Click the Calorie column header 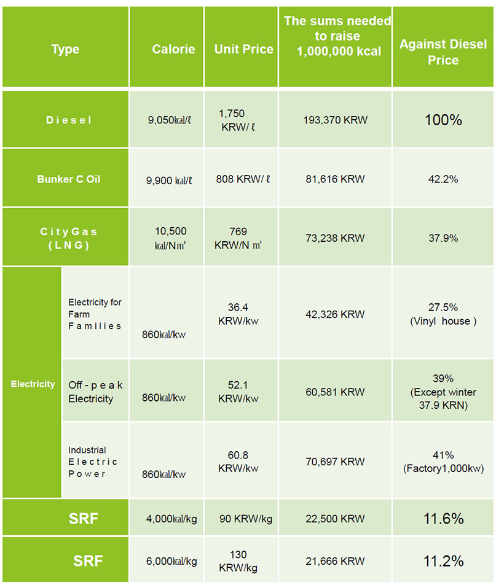[x=173, y=49]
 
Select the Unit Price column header [x=243, y=49]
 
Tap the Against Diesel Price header [x=443, y=52]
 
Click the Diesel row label [x=68, y=120]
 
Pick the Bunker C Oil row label [x=68, y=179]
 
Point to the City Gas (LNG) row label [x=68, y=238]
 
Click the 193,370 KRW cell [x=335, y=120]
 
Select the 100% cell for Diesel [x=443, y=120]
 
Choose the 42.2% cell [x=443, y=179]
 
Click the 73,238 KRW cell [x=335, y=238]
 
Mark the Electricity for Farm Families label [x=95, y=314]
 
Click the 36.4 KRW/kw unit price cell [x=238, y=313]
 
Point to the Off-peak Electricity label [x=95, y=392]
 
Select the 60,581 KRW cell [x=335, y=392]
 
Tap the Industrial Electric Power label [x=93, y=462]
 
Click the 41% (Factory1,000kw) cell [x=443, y=462]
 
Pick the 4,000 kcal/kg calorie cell [x=171, y=519]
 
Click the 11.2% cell [x=443, y=561]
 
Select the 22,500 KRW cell [x=335, y=519]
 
